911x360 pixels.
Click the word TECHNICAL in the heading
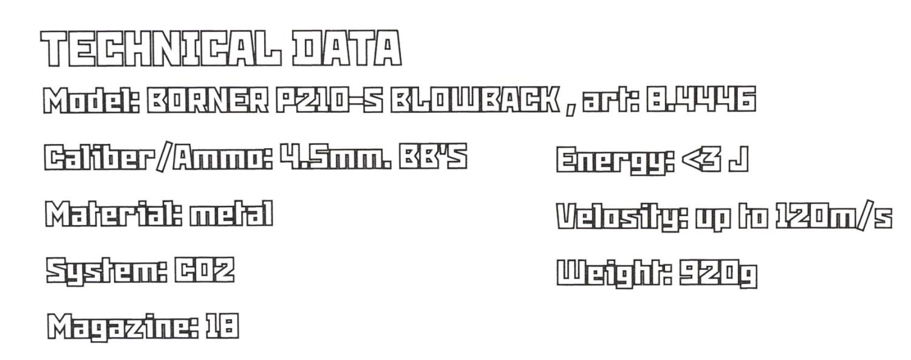coord(161,49)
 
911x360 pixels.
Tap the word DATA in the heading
coord(347,49)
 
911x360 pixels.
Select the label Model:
coord(92,100)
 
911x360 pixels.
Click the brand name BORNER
coord(208,100)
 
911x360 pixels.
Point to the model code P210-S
coord(329,100)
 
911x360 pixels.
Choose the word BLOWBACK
coord(475,100)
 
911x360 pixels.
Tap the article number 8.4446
coord(701,99)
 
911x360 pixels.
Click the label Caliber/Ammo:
coord(158,157)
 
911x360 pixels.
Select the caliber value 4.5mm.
coord(335,156)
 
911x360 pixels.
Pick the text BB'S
coord(432,156)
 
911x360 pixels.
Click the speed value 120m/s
coord(833,216)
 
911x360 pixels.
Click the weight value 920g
coord(718,273)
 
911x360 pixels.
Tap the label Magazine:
coord(123,326)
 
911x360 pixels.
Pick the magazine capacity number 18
coord(222,326)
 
